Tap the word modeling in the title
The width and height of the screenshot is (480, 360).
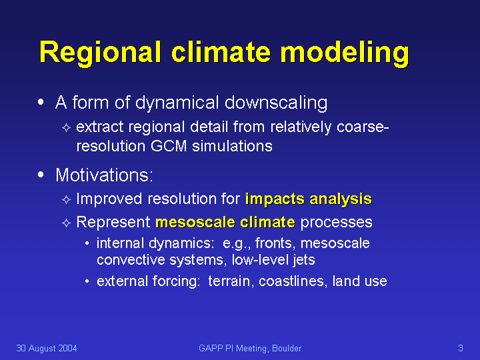tap(345, 53)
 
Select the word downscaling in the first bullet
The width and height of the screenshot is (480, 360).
tap(276, 103)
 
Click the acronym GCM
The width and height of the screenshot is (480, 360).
tap(169, 146)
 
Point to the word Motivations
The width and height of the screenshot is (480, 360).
tap(104, 175)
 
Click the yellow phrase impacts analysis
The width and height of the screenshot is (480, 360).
tap(309, 199)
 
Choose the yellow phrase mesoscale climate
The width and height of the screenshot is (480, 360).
tap(225, 222)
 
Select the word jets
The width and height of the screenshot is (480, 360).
tap(304, 260)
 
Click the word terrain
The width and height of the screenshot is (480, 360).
tap(231, 281)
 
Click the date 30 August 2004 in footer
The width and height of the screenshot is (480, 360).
tap(47, 349)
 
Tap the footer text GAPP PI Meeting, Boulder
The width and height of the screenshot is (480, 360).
tap(250, 349)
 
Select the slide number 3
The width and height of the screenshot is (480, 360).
tap(461, 348)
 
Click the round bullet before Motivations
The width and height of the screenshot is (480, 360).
tap(41, 175)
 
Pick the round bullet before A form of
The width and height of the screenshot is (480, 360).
tap(41, 102)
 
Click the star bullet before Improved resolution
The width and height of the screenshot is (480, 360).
tap(67, 200)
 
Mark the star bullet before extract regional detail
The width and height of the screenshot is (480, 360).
tap(67, 127)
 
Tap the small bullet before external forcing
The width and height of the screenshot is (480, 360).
tap(87, 281)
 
